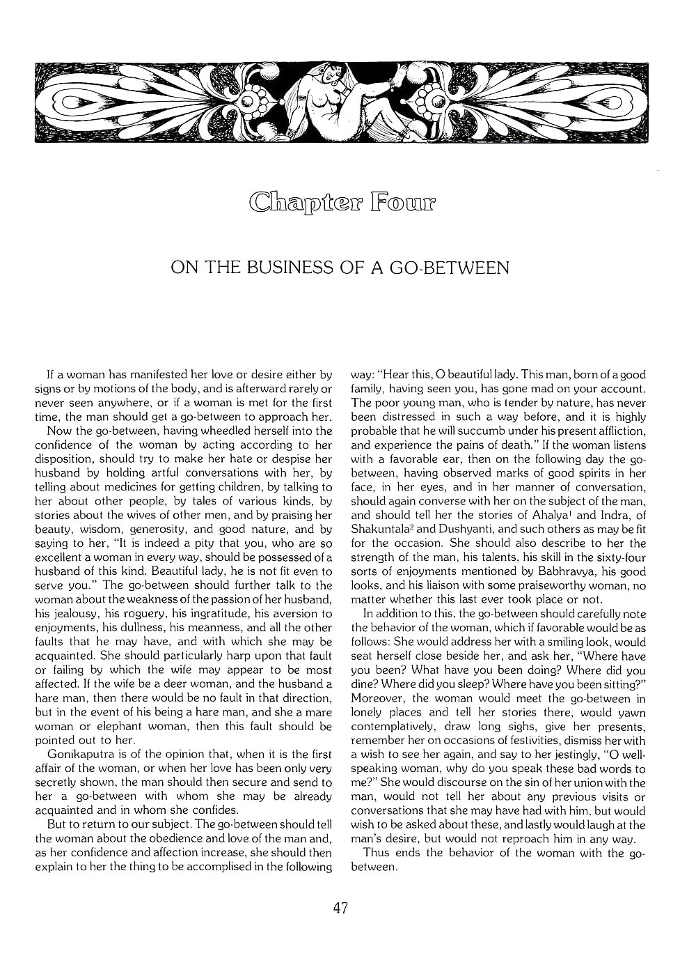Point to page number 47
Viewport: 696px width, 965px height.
[340, 908]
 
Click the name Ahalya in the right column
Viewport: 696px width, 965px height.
[557, 516]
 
